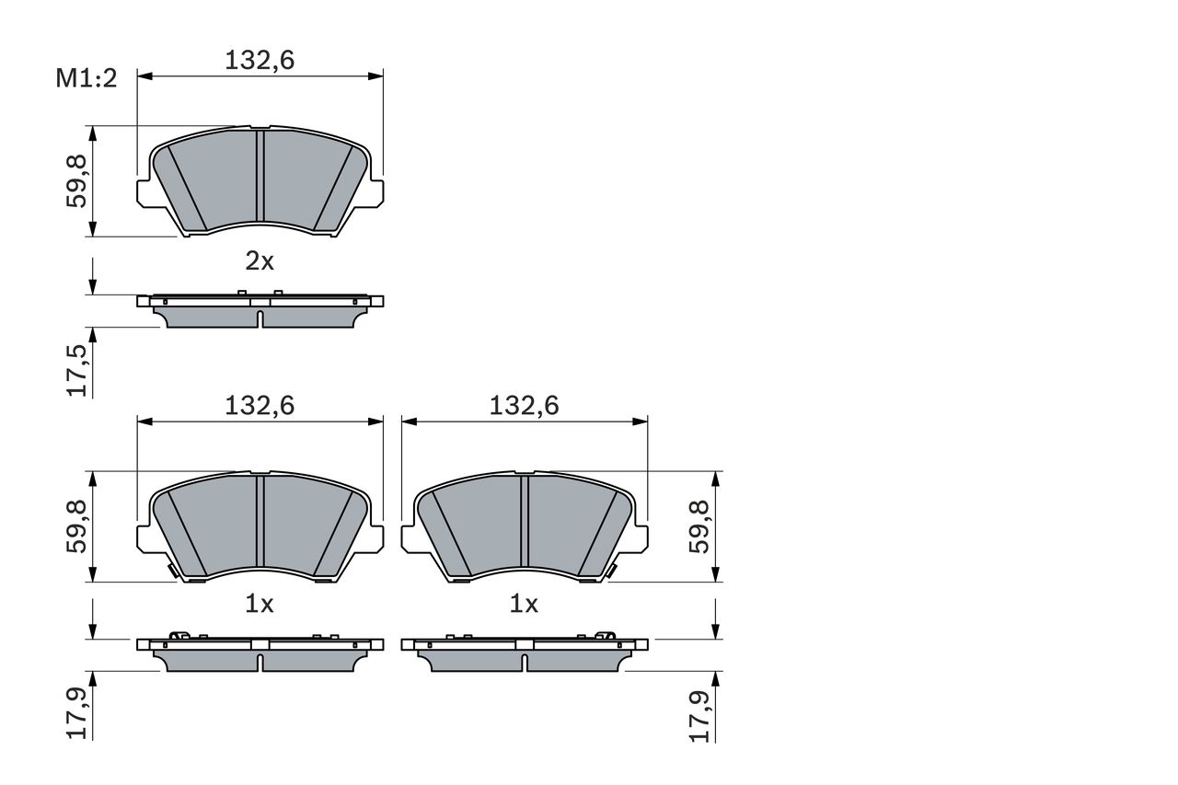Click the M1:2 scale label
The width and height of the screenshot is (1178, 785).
(87, 79)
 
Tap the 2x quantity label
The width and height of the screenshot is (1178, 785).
(260, 261)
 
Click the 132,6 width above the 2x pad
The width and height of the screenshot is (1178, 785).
(260, 61)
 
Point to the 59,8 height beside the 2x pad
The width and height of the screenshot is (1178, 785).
(78, 180)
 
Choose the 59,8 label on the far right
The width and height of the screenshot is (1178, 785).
(701, 526)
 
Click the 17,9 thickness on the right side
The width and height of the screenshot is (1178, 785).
(701, 714)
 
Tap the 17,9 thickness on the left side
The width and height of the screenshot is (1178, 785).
(78, 714)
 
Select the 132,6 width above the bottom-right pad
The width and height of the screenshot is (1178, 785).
(525, 405)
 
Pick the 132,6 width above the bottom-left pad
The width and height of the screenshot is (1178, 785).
(260, 405)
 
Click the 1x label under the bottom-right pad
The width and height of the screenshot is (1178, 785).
(524, 605)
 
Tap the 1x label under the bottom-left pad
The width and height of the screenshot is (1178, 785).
(260, 605)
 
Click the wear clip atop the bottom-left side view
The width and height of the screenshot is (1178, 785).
(180, 636)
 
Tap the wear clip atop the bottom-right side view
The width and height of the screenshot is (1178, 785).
(605, 636)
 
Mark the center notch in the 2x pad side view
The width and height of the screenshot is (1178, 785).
(260, 318)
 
